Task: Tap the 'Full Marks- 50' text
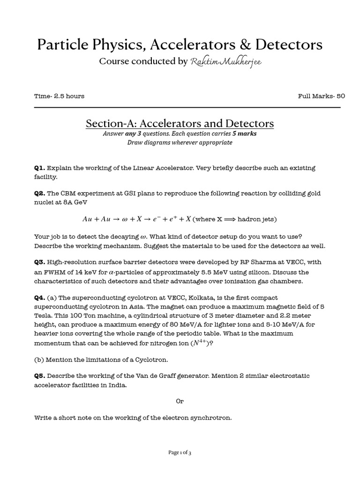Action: tap(321, 96)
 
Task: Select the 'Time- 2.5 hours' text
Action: tap(59, 96)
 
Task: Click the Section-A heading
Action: tap(180, 123)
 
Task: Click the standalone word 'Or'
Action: tap(180, 401)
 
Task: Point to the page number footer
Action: tap(180, 452)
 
